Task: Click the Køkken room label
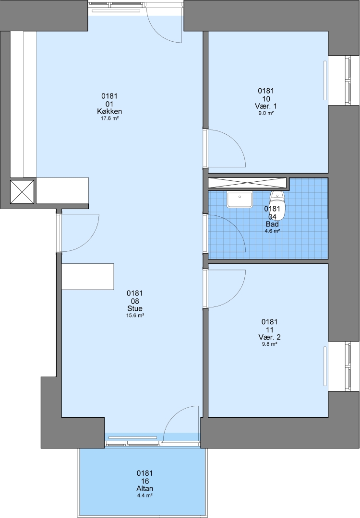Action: pyautogui.click(x=109, y=111)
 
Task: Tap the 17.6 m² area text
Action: pyautogui.click(x=109, y=118)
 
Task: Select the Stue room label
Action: pyautogui.click(x=135, y=308)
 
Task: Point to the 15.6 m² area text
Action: pyautogui.click(x=135, y=316)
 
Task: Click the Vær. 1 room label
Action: pyautogui.click(x=266, y=106)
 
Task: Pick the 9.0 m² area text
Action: pyautogui.click(x=266, y=113)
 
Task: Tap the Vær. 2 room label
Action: pyautogui.click(x=269, y=337)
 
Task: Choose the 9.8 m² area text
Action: pyautogui.click(x=269, y=344)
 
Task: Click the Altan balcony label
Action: pyautogui.click(x=145, y=489)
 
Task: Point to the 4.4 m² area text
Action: pyautogui.click(x=145, y=495)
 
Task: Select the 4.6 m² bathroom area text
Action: pyautogui.click(x=272, y=231)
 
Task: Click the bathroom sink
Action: pyautogui.click(x=240, y=199)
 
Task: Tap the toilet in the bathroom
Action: pyautogui.click(x=277, y=205)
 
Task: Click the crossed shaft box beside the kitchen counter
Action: pyautogui.click(x=23, y=191)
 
